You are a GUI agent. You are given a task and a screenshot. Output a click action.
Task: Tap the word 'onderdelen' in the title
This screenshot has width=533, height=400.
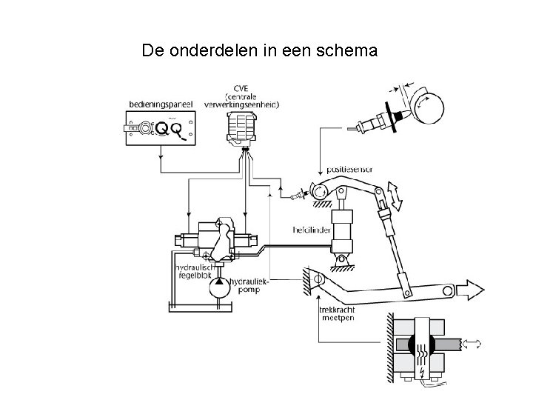205,51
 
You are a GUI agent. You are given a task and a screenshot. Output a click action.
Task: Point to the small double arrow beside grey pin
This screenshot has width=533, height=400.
471,343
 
